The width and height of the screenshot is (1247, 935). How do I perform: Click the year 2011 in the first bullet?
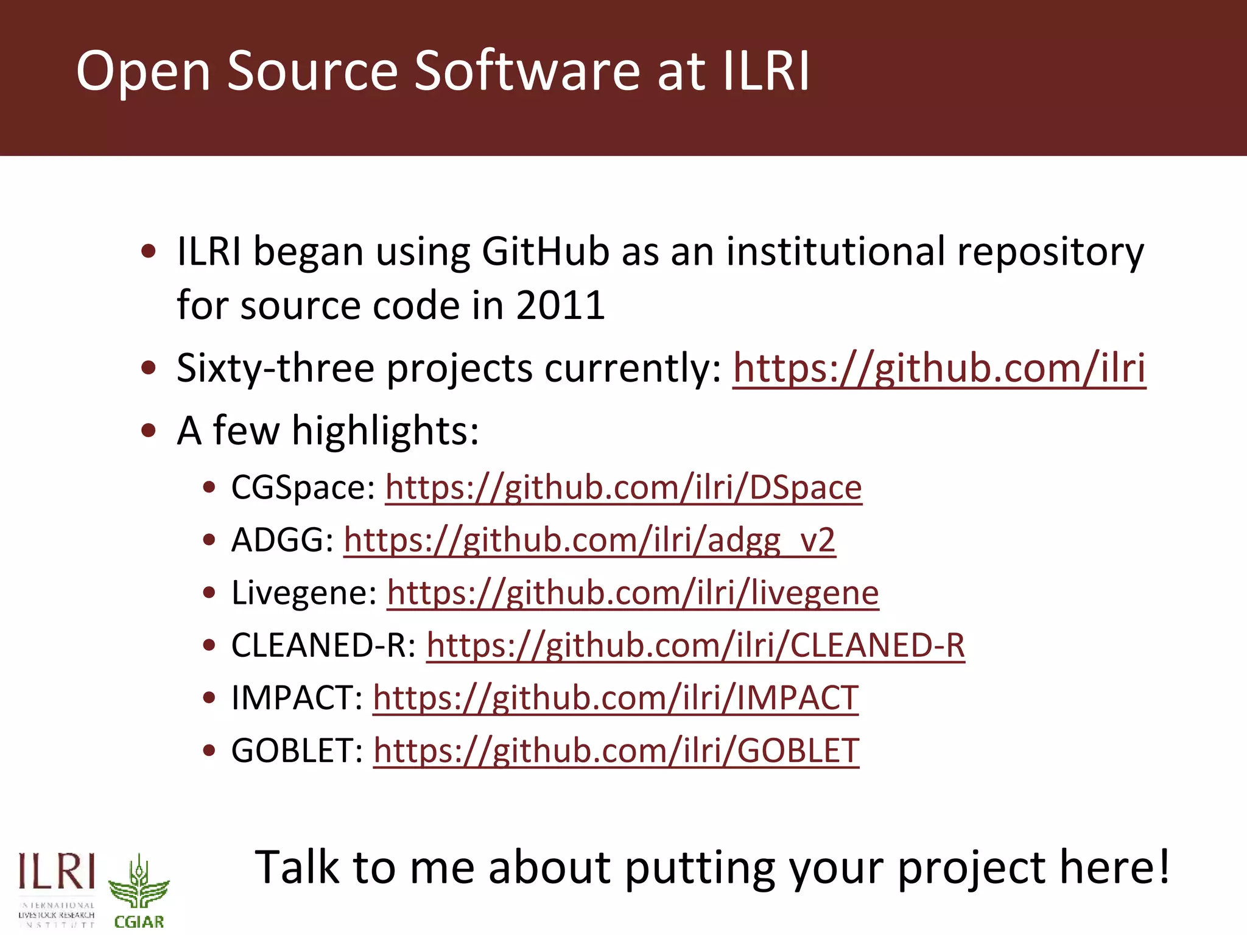[560, 305]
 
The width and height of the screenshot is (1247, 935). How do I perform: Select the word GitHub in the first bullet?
[546, 251]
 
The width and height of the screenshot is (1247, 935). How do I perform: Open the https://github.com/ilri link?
[939, 368]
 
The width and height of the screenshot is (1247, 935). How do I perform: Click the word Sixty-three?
[274, 368]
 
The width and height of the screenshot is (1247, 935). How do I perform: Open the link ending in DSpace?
[623, 488]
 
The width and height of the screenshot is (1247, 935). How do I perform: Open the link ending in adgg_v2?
[589, 540]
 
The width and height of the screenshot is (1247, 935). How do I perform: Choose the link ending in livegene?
[633, 593]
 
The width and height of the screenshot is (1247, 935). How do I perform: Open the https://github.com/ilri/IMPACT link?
[615, 698]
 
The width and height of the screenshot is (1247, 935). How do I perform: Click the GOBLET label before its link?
[297, 751]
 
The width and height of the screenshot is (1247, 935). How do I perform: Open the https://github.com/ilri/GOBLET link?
[616, 751]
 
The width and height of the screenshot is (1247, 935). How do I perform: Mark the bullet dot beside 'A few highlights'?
[149, 430]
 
